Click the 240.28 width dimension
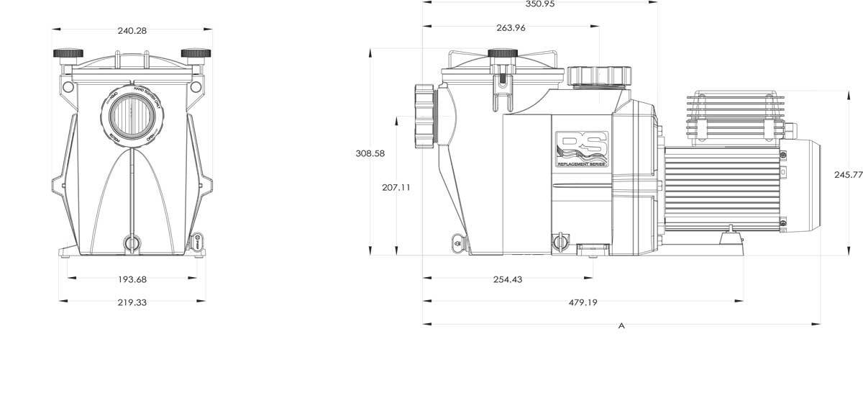(x=132, y=31)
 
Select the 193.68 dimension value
(x=131, y=279)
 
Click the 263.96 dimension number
(x=511, y=28)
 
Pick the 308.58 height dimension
(x=370, y=153)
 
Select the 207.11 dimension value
(x=396, y=187)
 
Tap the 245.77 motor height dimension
(x=848, y=175)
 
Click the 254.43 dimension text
(x=508, y=279)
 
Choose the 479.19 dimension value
(x=583, y=303)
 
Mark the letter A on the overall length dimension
(x=621, y=326)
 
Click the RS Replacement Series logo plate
(x=582, y=149)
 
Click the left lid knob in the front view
(x=67, y=54)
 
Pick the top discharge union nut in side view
(x=598, y=76)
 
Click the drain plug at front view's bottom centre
(x=131, y=243)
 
